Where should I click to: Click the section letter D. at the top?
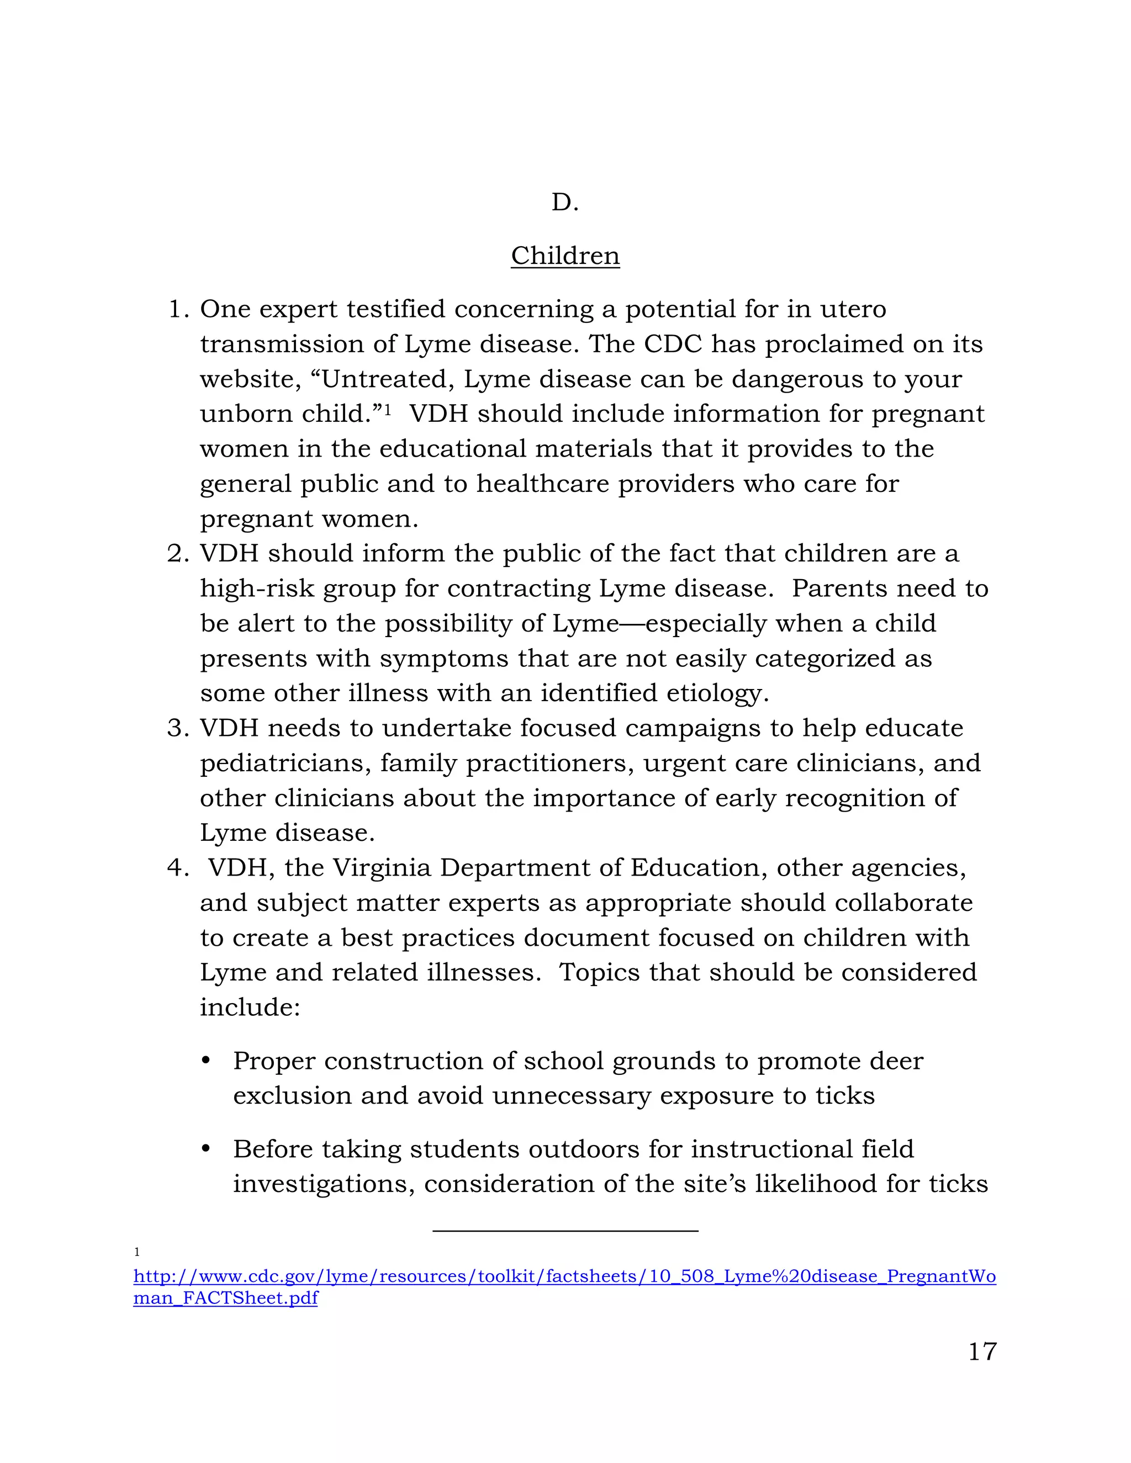point(565,202)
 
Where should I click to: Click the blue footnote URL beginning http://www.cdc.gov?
point(564,1276)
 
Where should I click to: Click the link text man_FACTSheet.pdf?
point(225,1298)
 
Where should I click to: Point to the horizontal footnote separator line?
point(565,1231)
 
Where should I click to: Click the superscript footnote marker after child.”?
point(387,408)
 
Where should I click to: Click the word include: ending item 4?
point(250,1008)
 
